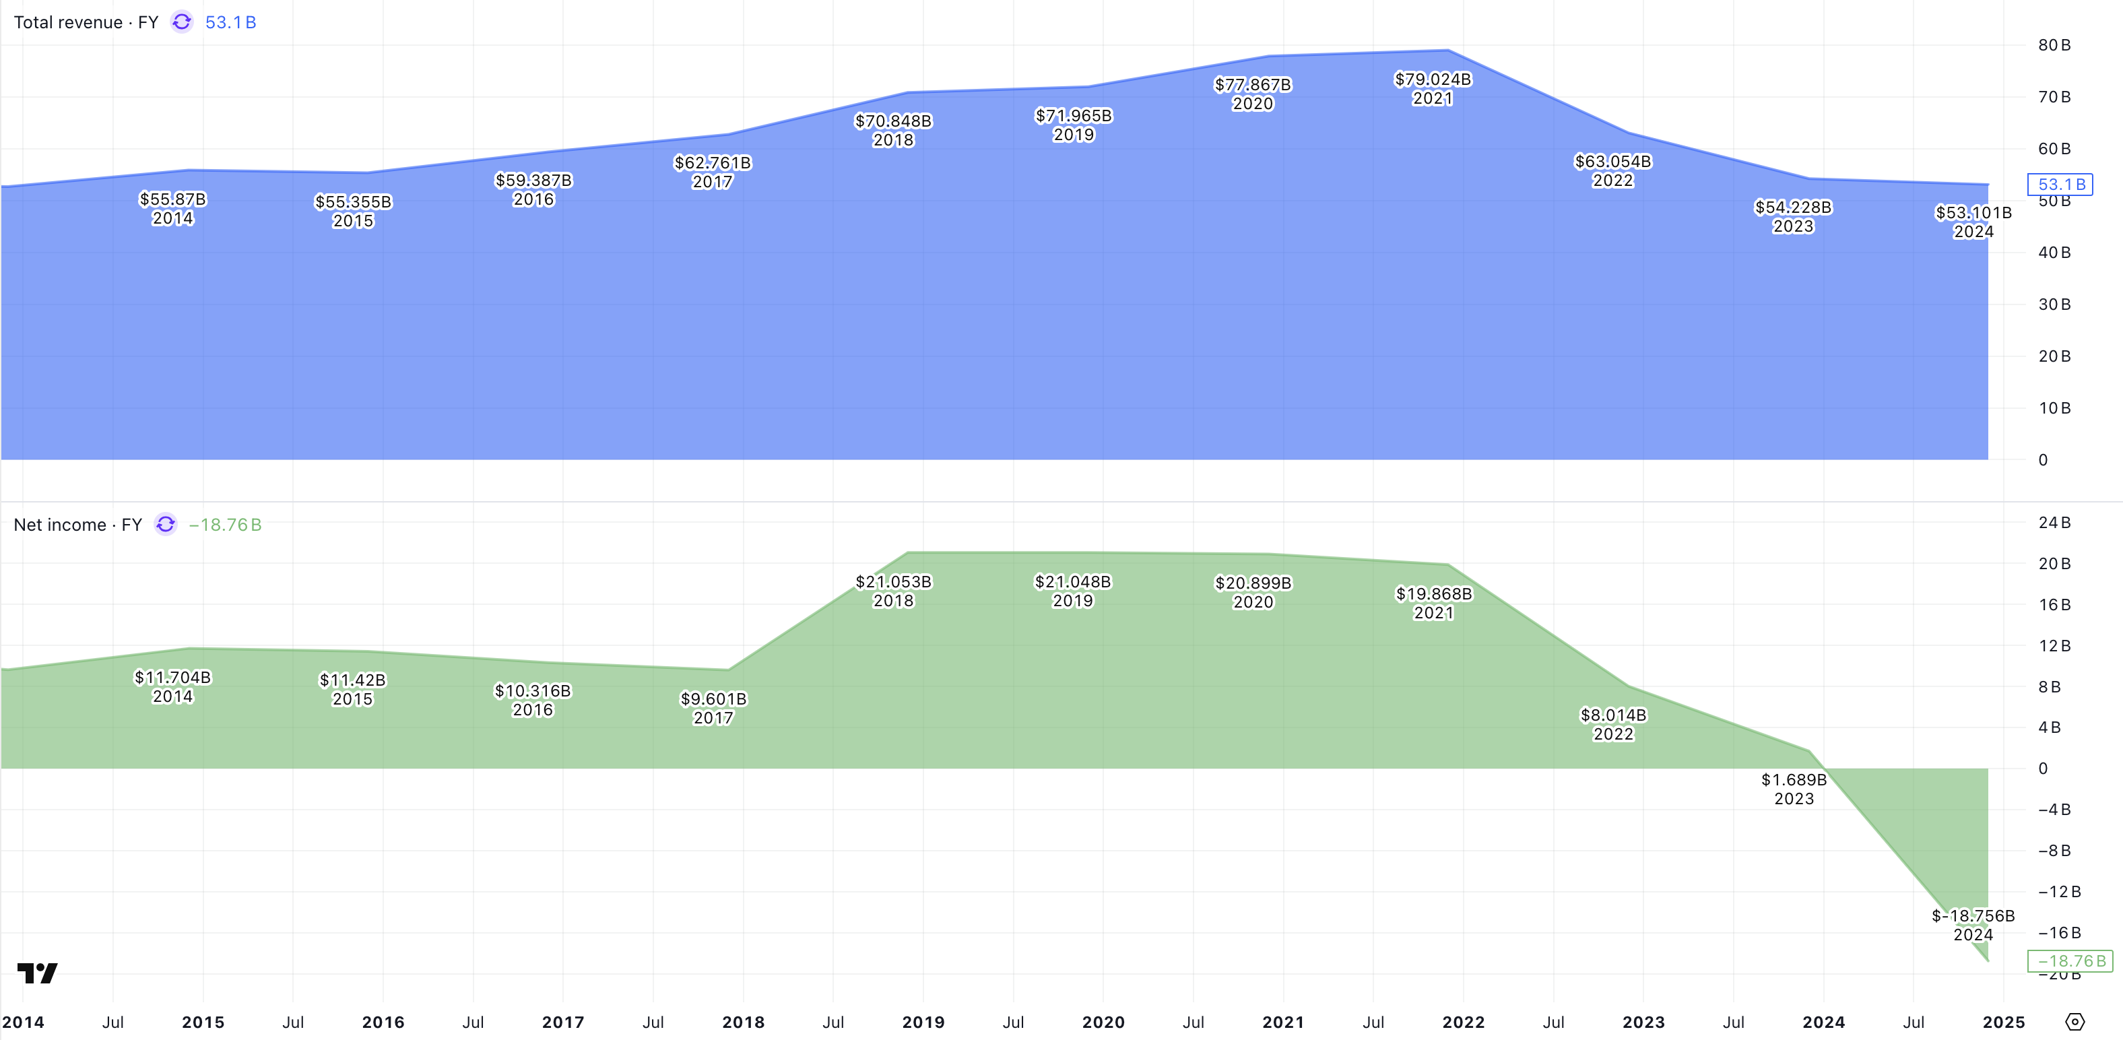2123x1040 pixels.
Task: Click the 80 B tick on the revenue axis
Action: point(2054,45)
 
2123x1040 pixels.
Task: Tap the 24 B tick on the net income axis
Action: point(2054,523)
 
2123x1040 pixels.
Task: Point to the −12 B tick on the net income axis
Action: point(2059,892)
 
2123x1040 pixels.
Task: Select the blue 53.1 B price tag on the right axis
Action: point(2060,185)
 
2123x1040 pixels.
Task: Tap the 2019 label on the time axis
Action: point(923,1022)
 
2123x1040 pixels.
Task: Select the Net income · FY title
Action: point(77,525)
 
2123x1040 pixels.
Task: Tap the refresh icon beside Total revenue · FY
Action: point(182,22)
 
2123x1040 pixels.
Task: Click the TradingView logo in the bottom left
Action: point(37,973)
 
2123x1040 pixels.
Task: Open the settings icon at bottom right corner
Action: point(2075,1022)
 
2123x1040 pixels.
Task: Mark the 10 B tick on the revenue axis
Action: point(2054,409)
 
